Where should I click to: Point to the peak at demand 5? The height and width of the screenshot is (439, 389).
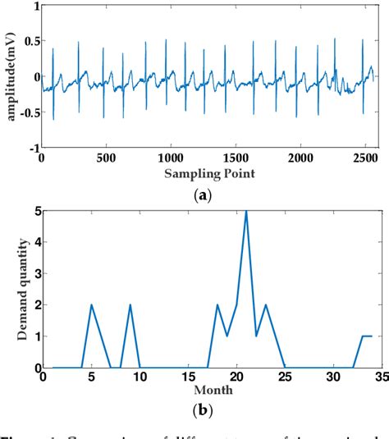point(246,211)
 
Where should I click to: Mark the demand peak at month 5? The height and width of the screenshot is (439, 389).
point(91,304)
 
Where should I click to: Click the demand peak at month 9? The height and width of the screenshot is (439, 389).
point(130,304)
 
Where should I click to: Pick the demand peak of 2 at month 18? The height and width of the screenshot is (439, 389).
point(217,304)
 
